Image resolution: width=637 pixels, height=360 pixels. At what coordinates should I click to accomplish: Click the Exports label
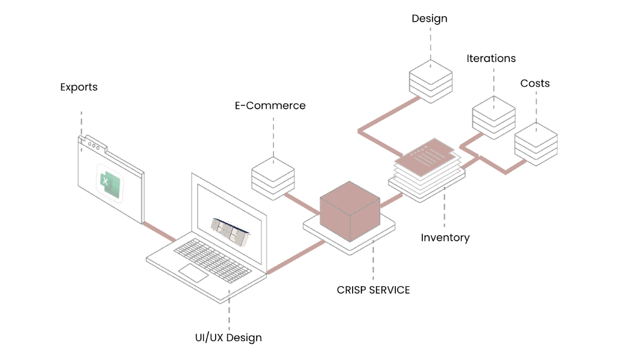coord(79,87)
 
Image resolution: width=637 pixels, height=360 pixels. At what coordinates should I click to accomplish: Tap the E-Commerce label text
coord(270,105)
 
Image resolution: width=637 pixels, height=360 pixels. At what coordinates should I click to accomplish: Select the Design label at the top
coord(429,19)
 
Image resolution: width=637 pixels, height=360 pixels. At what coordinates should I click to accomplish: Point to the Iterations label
coord(491,59)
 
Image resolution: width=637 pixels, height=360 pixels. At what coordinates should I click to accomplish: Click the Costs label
coord(534,84)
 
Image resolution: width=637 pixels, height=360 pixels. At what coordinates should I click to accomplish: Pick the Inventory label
coord(445,238)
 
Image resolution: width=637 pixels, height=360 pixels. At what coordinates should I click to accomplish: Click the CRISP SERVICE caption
coord(373,290)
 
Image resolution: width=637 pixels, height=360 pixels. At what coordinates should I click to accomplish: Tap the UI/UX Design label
coord(228,338)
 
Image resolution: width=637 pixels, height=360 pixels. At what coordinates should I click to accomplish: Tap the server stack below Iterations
coord(493,117)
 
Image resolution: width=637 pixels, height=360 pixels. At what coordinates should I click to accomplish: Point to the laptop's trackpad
coord(193,272)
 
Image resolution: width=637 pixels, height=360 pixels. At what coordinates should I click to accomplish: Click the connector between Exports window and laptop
coord(159,231)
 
